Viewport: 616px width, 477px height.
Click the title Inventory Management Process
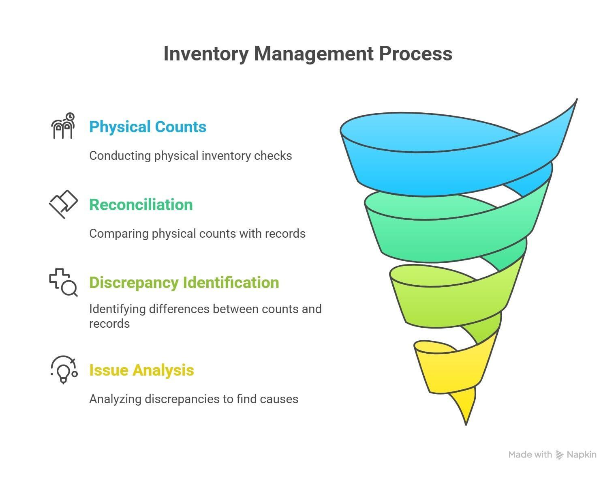(x=308, y=54)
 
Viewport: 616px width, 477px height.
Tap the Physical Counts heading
(x=148, y=127)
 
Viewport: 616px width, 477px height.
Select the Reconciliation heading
(x=141, y=205)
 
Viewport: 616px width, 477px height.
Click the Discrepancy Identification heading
(x=184, y=283)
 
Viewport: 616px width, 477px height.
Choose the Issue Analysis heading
(x=141, y=370)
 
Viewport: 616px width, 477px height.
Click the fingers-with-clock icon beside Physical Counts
(x=63, y=126)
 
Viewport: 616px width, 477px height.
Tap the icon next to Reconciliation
(x=63, y=204)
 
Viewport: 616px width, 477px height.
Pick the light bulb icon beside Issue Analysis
(x=64, y=370)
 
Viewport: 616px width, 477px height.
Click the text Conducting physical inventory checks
(x=190, y=156)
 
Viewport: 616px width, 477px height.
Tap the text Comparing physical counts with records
(x=197, y=234)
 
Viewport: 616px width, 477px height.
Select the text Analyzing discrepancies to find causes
(x=194, y=399)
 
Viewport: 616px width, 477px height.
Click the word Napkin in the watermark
(x=582, y=455)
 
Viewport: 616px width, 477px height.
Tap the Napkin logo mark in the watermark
(x=560, y=455)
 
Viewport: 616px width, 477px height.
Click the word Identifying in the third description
(x=117, y=309)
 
